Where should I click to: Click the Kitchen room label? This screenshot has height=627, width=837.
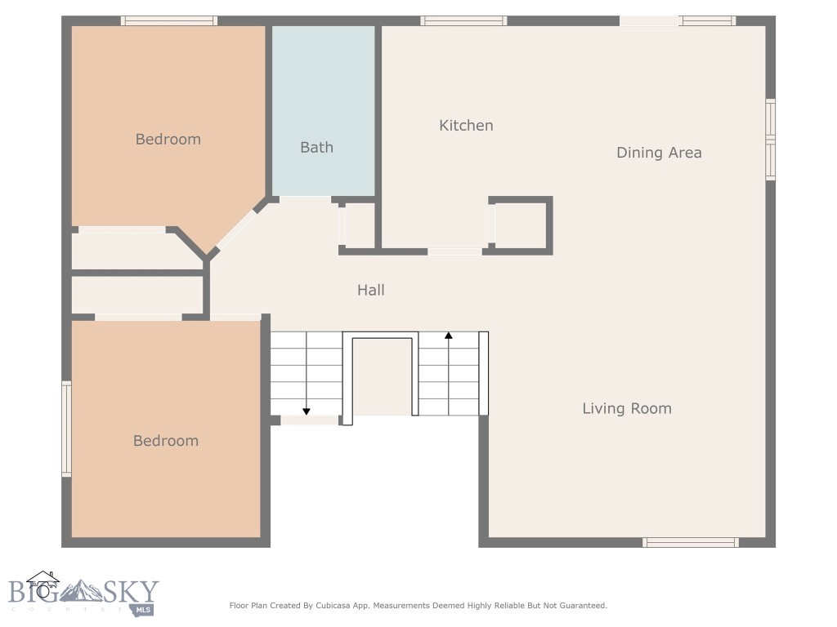point(466,125)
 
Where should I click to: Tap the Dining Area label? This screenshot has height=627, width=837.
point(658,153)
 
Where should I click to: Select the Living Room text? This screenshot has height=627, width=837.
point(626,408)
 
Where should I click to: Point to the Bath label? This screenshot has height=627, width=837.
point(316,148)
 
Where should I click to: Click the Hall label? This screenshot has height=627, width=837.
point(370,290)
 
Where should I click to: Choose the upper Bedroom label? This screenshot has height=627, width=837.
point(168,140)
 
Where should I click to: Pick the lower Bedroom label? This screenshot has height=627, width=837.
point(165,441)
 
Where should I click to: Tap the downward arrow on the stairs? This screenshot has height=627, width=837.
point(307,411)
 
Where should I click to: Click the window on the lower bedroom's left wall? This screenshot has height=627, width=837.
point(67,429)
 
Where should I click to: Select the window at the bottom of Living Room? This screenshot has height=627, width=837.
point(691,542)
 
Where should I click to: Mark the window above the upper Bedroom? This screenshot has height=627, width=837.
point(169,21)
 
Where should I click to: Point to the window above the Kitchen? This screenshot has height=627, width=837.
point(463,21)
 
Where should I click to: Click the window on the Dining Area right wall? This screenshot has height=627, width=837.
point(770,140)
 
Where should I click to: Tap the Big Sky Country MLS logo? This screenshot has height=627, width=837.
point(82,594)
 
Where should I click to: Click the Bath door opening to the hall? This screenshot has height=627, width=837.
point(305,200)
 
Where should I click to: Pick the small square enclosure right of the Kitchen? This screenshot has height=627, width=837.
point(521,225)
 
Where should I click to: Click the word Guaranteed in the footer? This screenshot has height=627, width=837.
point(579,606)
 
